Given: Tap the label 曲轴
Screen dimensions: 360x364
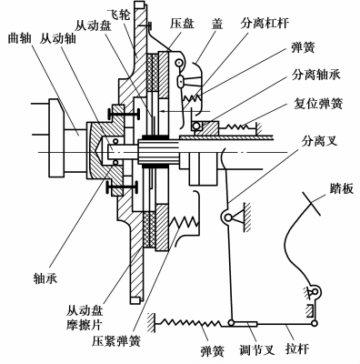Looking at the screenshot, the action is pos(19,38).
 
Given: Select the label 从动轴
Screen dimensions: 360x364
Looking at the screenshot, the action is pos(57,38).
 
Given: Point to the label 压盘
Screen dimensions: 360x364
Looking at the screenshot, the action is pos(182,24).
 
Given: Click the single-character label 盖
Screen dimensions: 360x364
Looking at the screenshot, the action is pos(217,24).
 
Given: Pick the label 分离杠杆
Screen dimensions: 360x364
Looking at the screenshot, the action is pos(265,23).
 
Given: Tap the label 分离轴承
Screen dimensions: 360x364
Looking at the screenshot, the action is pos(316,74).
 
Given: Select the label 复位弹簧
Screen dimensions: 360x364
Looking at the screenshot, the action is pos(318,103).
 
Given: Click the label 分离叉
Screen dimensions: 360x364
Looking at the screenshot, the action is pos(319,140).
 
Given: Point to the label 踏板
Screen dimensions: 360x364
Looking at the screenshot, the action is pos(342,188).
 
